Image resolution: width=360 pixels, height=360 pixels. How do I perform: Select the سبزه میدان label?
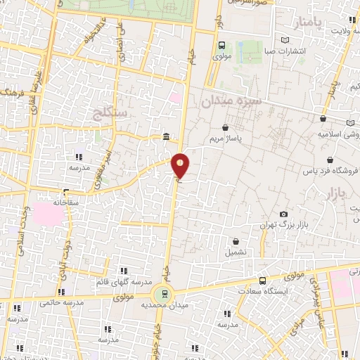coord(231,101)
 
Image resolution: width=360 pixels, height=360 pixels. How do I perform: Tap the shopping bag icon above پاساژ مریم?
coord(225,129)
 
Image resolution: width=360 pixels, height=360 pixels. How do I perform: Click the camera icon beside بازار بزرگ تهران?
coord(283,214)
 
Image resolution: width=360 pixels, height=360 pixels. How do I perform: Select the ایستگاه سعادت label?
coord(265,291)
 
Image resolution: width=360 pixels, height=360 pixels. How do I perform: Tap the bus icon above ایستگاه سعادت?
coord(262,281)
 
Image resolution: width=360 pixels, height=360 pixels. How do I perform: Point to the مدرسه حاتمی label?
coord(62,303)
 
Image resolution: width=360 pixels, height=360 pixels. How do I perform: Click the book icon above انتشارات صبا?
coord(284,40)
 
